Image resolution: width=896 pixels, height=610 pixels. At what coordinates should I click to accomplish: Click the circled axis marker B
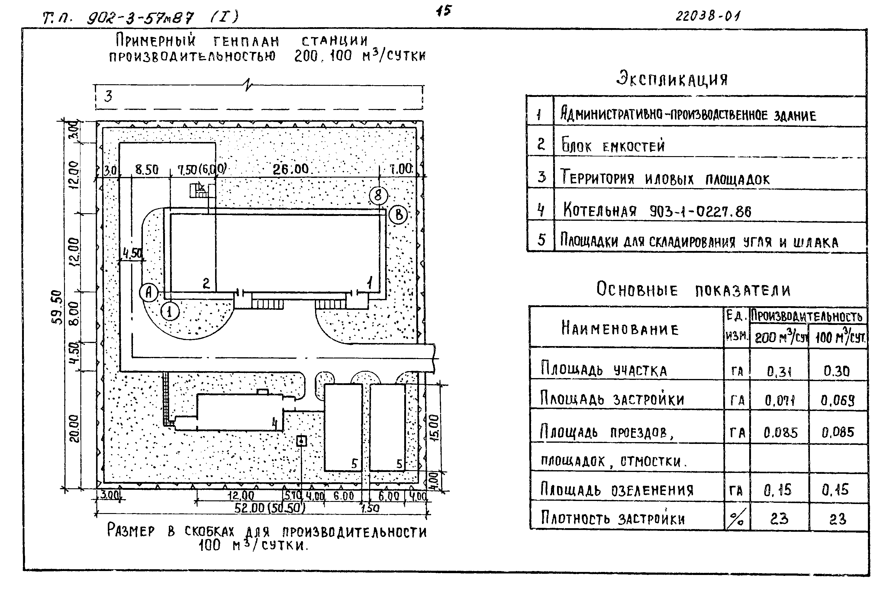(399, 215)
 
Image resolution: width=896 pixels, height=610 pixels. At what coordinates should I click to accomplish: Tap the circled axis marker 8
(378, 195)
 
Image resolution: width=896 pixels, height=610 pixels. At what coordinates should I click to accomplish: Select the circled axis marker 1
(170, 311)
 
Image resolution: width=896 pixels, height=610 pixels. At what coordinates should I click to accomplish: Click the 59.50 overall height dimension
(57, 307)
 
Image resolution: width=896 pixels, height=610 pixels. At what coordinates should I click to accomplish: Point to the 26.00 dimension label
(291, 169)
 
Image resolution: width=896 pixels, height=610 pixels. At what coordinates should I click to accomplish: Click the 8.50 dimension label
(147, 169)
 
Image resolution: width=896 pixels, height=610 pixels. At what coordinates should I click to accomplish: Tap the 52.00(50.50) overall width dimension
(269, 508)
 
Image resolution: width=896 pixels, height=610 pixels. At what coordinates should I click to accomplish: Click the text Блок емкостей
(613, 146)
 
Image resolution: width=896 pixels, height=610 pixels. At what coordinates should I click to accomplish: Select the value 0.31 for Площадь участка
(779, 371)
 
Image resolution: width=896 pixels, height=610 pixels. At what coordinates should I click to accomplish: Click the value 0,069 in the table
(837, 401)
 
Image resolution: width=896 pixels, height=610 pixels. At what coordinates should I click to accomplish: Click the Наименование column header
(620, 329)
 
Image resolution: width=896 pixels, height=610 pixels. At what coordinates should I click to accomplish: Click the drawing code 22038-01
(708, 16)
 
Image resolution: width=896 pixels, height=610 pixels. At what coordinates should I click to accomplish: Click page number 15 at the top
(443, 11)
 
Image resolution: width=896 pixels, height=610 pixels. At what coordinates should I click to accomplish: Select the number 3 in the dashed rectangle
(108, 96)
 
